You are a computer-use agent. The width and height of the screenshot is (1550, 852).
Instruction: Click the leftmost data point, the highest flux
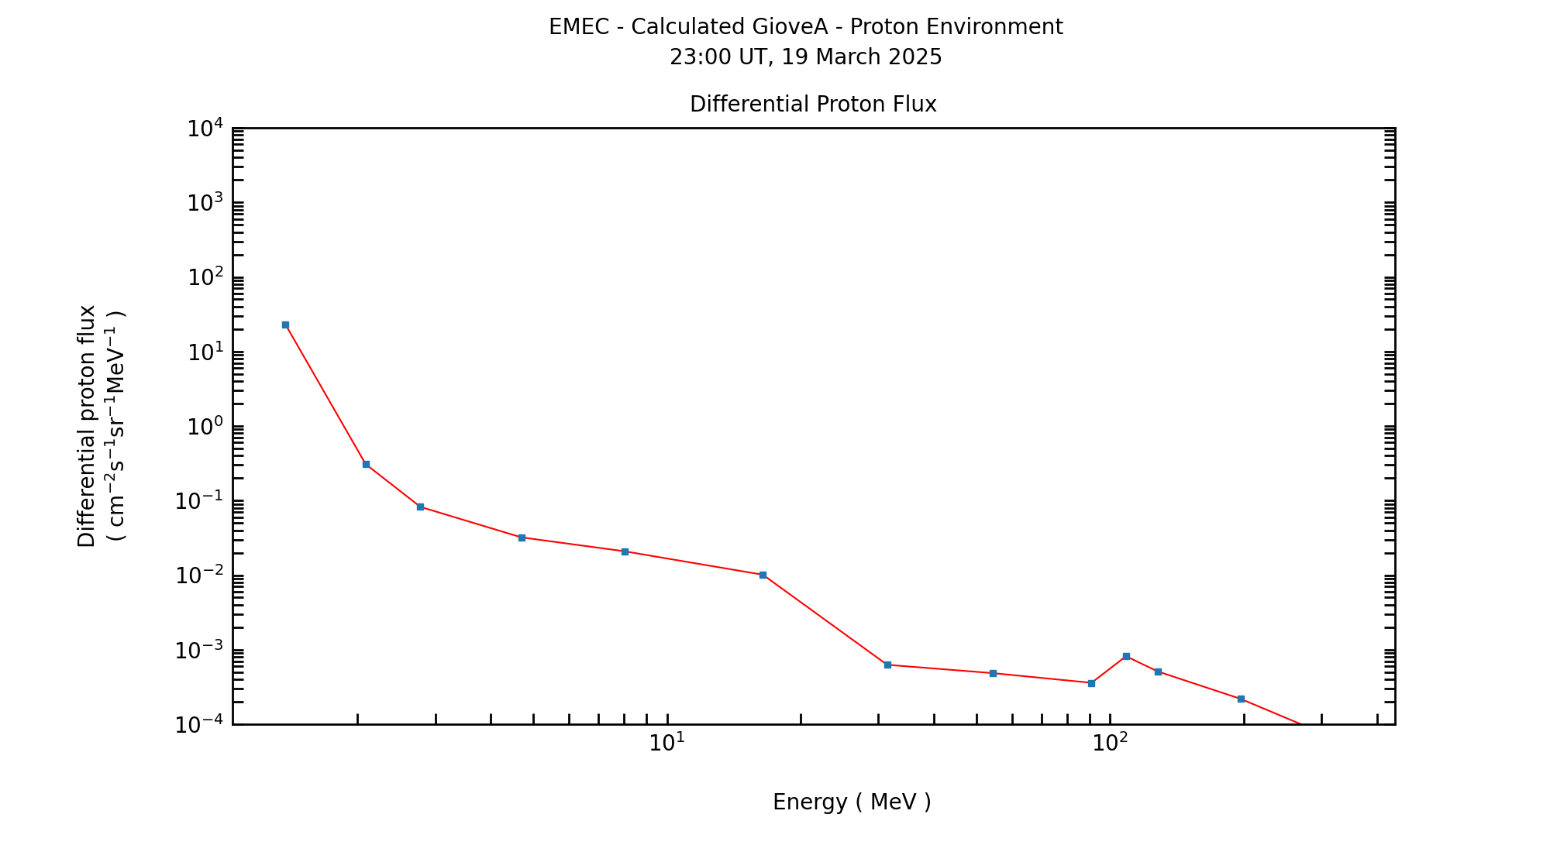pyautogui.click(x=285, y=325)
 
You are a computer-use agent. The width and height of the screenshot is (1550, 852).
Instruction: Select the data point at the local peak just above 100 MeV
pyautogui.click(x=1126, y=656)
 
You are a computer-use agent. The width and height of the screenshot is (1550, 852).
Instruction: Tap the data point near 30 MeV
pyautogui.click(x=887, y=665)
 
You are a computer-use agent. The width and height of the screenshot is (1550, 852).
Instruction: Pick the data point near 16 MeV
pyautogui.click(x=763, y=575)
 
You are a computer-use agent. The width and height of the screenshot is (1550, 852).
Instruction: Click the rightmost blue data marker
pyautogui.click(x=1241, y=699)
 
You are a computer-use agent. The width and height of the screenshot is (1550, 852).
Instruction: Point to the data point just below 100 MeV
pyautogui.click(x=1091, y=683)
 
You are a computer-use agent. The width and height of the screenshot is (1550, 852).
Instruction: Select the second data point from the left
pyautogui.click(x=366, y=464)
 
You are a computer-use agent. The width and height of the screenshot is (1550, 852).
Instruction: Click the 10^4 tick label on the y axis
pyautogui.click(x=205, y=128)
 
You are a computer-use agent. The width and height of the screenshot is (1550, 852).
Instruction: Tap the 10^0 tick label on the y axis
pyautogui.click(x=205, y=427)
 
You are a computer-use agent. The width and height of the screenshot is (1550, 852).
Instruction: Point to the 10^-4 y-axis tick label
pyautogui.click(x=198, y=725)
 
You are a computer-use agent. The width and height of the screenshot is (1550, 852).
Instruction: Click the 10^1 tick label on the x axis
pyautogui.click(x=666, y=743)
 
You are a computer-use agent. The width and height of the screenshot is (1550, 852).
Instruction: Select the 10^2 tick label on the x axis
pyautogui.click(x=1110, y=743)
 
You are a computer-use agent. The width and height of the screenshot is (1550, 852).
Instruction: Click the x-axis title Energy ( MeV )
pyautogui.click(x=852, y=802)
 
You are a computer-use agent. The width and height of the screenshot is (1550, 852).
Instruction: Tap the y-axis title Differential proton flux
pyautogui.click(x=87, y=426)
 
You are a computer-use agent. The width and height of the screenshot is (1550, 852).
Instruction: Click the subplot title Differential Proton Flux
pyautogui.click(x=813, y=105)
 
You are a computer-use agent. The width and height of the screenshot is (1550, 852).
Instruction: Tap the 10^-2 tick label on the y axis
pyautogui.click(x=198, y=575)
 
